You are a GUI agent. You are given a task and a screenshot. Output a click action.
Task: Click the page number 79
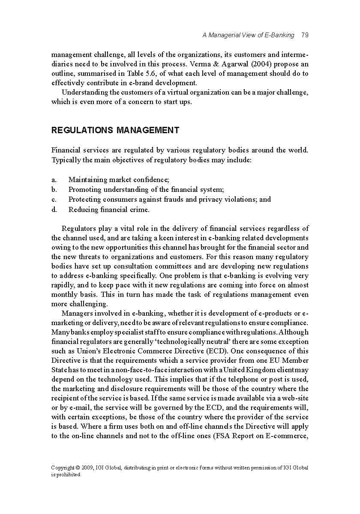click(305, 35)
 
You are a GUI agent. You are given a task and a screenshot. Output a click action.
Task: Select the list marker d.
click(54, 209)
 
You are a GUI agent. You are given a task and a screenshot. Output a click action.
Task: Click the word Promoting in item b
click(84, 189)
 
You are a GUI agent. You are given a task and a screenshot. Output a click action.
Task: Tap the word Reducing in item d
click(83, 209)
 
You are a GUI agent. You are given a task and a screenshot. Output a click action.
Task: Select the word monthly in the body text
click(64, 294)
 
